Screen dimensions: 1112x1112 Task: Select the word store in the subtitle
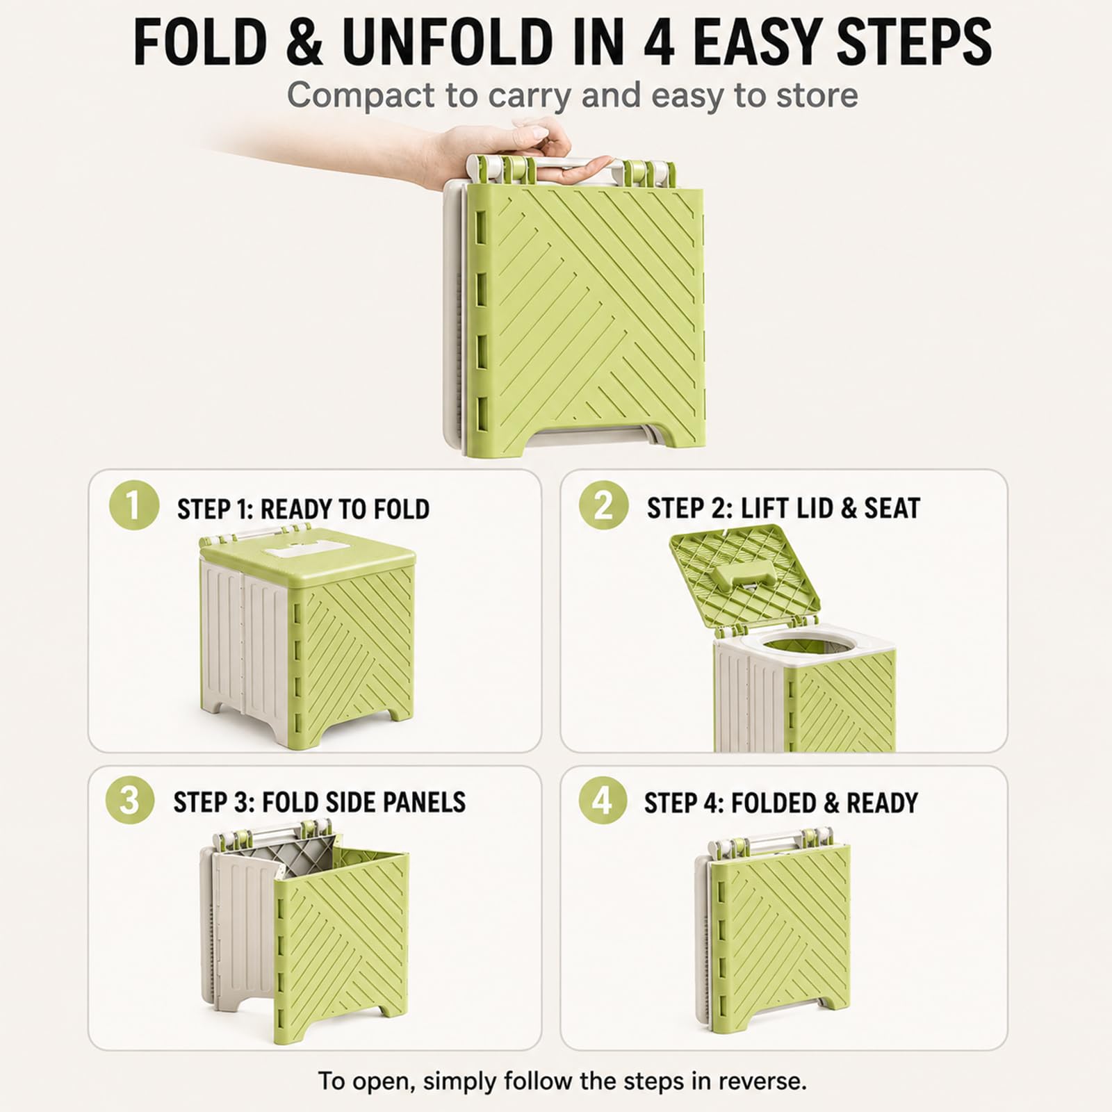(x=817, y=96)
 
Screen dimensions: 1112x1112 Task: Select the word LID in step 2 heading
(x=812, y=508)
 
